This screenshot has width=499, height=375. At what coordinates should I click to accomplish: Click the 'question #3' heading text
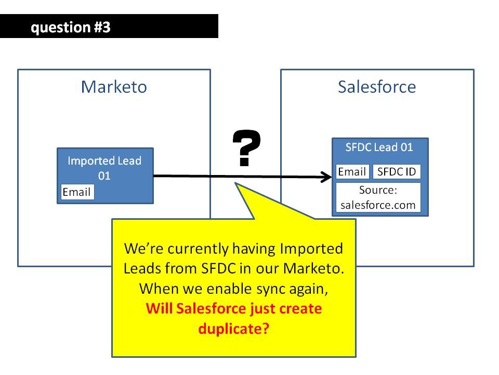tap(71, 28)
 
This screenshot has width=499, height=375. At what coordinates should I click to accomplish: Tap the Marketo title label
tap(114, 87)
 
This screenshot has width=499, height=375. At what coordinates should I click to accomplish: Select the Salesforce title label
tap(377, 87)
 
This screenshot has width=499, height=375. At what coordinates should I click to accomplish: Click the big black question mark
tap(246, 148)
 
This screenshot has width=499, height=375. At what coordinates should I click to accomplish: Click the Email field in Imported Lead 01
tap(77, 192)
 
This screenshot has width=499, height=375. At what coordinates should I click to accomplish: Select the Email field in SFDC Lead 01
tap(352, 171)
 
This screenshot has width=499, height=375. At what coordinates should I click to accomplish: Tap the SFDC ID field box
tap(397, 171)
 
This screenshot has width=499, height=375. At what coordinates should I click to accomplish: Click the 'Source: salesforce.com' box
tap(378, 197)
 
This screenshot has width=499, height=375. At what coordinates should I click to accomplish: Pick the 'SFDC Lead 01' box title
tap(379, 147)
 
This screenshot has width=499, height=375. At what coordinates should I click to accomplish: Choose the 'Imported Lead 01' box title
tap(104, 168)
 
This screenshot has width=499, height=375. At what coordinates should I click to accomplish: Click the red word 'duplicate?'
tap(233, 329)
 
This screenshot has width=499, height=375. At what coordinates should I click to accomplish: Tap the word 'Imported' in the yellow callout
tap(311, 249)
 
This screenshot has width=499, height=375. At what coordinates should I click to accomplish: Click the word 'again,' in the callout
tap(308, 289)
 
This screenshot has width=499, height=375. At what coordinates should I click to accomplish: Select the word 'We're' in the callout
tap(144, 249)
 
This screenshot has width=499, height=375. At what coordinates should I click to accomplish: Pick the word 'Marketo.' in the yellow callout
tap(314, 269)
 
